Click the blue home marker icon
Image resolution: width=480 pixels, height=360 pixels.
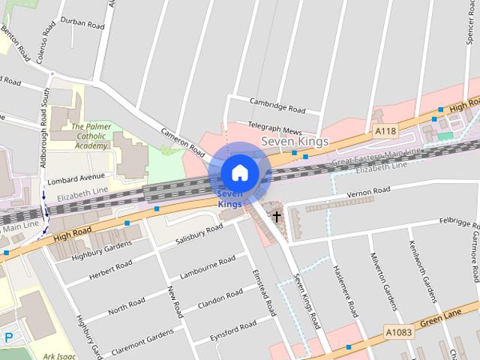(239, 172)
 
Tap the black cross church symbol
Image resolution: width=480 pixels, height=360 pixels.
(277, 216)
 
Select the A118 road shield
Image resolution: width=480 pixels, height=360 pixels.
(385, 131)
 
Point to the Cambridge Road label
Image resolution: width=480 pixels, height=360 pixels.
(278, 107)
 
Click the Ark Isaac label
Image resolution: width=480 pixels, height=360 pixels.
(60, 356)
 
